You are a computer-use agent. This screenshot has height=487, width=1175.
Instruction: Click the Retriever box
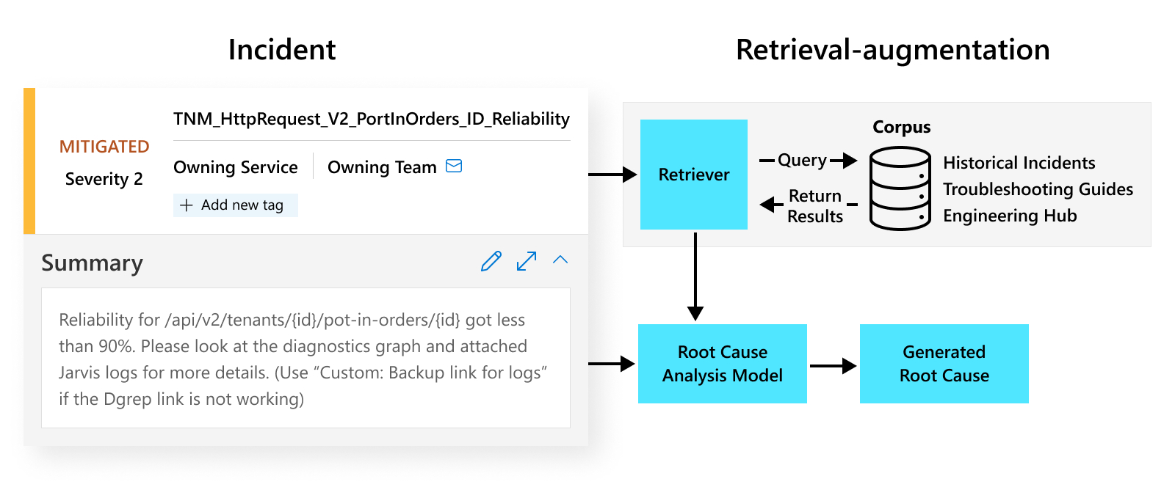click(693, 175)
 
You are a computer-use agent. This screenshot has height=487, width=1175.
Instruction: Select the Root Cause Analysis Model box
click(722, 364)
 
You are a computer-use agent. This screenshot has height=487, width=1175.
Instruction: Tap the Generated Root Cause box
click(944, 364)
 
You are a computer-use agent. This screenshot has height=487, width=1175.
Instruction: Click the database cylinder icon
click(900, 188)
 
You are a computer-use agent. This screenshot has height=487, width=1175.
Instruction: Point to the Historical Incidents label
click(1019, 163)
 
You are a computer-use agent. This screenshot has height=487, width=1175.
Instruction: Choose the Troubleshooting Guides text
click(1038, 189)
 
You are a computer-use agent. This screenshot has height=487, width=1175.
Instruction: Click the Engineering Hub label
click(1010, 216)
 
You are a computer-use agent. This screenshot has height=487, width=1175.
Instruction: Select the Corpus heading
click(901, 127)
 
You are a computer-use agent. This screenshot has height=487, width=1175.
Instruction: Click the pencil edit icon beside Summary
click(491, 261)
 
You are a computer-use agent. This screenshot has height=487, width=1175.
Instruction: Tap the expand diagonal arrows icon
click(527, 261)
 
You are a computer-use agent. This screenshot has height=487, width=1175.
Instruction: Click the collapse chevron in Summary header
click(560, 260)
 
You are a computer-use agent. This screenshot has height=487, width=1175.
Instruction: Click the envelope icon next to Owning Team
click(454, 166)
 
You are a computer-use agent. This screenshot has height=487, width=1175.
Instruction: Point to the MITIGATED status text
click(104, 147)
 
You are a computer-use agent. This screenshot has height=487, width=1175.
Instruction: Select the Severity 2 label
click(104, 179)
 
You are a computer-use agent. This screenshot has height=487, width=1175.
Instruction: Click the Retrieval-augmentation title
click(892, 50)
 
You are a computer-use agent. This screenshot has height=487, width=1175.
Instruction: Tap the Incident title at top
click(282, 50)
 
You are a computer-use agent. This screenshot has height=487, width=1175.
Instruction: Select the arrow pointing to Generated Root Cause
click(834, 365)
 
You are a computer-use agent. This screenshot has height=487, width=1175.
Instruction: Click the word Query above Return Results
click(802, 160)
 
